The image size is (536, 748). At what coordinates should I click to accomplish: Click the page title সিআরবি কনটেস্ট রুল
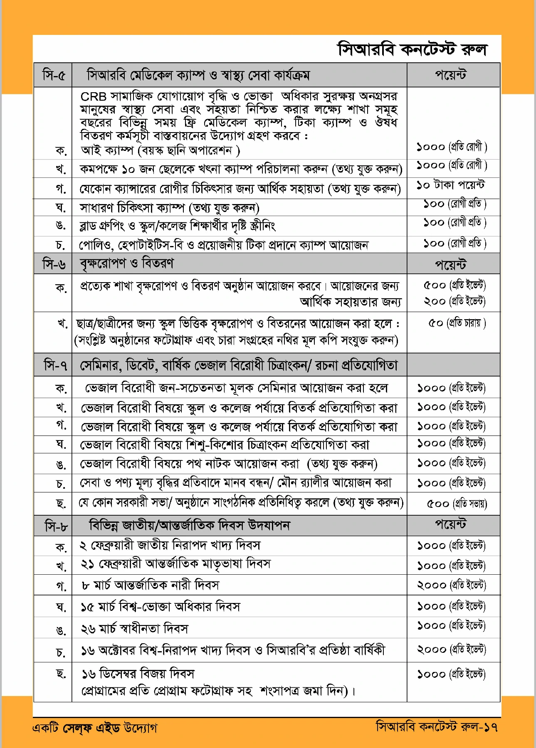[412, 49]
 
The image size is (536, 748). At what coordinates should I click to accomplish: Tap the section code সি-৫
[54, 76]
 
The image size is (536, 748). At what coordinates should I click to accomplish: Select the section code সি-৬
[54, 264]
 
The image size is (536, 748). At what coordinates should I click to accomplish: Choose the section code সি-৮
[55, 526]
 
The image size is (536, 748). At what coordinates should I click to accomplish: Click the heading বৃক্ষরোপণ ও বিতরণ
[127, 263]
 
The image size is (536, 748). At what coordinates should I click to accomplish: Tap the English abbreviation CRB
[93, 97]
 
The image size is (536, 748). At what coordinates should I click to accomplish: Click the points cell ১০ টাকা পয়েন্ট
[451, 185]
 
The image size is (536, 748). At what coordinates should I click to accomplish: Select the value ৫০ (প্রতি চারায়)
[457, 323]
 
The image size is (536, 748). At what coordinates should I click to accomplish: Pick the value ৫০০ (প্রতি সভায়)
[457, 504]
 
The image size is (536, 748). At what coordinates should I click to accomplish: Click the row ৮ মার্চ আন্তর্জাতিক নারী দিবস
[151, 586]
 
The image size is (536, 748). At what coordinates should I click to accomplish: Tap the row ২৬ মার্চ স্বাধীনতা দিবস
[135, 629]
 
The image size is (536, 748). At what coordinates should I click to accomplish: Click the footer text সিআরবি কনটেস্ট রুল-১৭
[437, 727]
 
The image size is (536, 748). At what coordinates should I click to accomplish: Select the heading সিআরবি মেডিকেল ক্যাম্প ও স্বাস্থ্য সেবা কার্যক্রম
[198, 76]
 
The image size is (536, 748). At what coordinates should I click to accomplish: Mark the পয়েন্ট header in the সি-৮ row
[451, 524]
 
